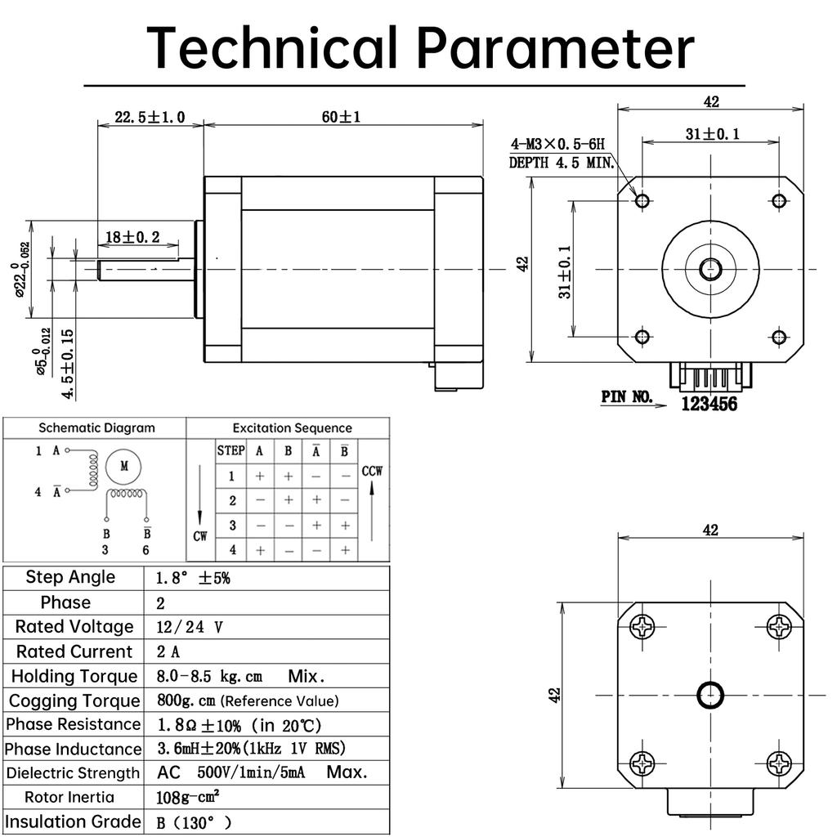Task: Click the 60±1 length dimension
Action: (x=342, y=117)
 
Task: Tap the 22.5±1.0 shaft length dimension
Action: (x=149, y=117)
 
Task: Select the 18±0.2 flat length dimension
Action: (x=132, y=237)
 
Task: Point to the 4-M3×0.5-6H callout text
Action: (x=558, y=145)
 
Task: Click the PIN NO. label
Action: (x=627, y=397)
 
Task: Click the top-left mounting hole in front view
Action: (x=642, y=200)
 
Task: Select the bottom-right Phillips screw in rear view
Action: (x=780, y=764)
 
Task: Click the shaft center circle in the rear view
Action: (x=710, y=695)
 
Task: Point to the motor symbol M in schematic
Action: (x=124, y=466)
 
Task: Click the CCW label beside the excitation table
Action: (x=372, y=471)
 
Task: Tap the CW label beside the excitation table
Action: (x=200, y=536)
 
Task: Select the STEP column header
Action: (x=231, y=450)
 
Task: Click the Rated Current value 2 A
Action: (x=168, y=651)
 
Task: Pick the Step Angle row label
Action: (x=70, y=577)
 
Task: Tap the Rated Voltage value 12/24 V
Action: (x=189, y=627)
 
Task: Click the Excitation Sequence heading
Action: (x=292, y=428)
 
